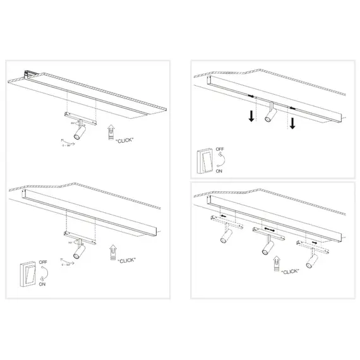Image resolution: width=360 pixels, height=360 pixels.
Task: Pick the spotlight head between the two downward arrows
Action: [271, 114]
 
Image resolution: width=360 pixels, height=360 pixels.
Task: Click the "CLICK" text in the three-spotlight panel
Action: [290, 271]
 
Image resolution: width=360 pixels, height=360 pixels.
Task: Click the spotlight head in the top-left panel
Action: [80, 133]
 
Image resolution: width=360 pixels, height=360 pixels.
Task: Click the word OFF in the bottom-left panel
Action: [43, 261]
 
